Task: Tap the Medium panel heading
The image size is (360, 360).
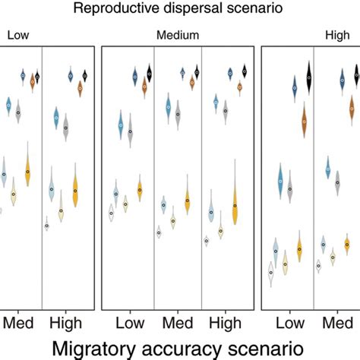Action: pyautogui.click(x=178, y=35)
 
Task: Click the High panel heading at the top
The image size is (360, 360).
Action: pyautogui.click(x=337, y=35)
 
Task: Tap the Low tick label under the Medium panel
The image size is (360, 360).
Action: pyautogui.click(x=128, y=324)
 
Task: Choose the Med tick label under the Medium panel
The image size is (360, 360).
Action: pyautogui.click(x=178, y=324)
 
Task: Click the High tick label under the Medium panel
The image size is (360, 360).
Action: pyautogui.click(x=228, y=324)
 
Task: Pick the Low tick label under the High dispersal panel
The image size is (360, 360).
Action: pyautogui.click(x=288, y=324)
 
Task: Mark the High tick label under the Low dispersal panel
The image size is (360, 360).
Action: pyautogui.click(x=67, y=324)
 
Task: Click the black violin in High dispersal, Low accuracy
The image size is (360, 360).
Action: pyautogui.click(x=309, y=77)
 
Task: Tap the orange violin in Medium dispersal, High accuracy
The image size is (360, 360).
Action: pyautogui.click(x=235, y=205)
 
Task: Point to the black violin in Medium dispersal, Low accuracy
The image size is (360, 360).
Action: pyautogui.click(x=150, y=73)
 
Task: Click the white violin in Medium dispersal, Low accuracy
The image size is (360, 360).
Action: pyautogui.click(x=111, y=213)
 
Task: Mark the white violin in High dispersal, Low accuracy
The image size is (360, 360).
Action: pyautogui.click(x=270, y=272)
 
